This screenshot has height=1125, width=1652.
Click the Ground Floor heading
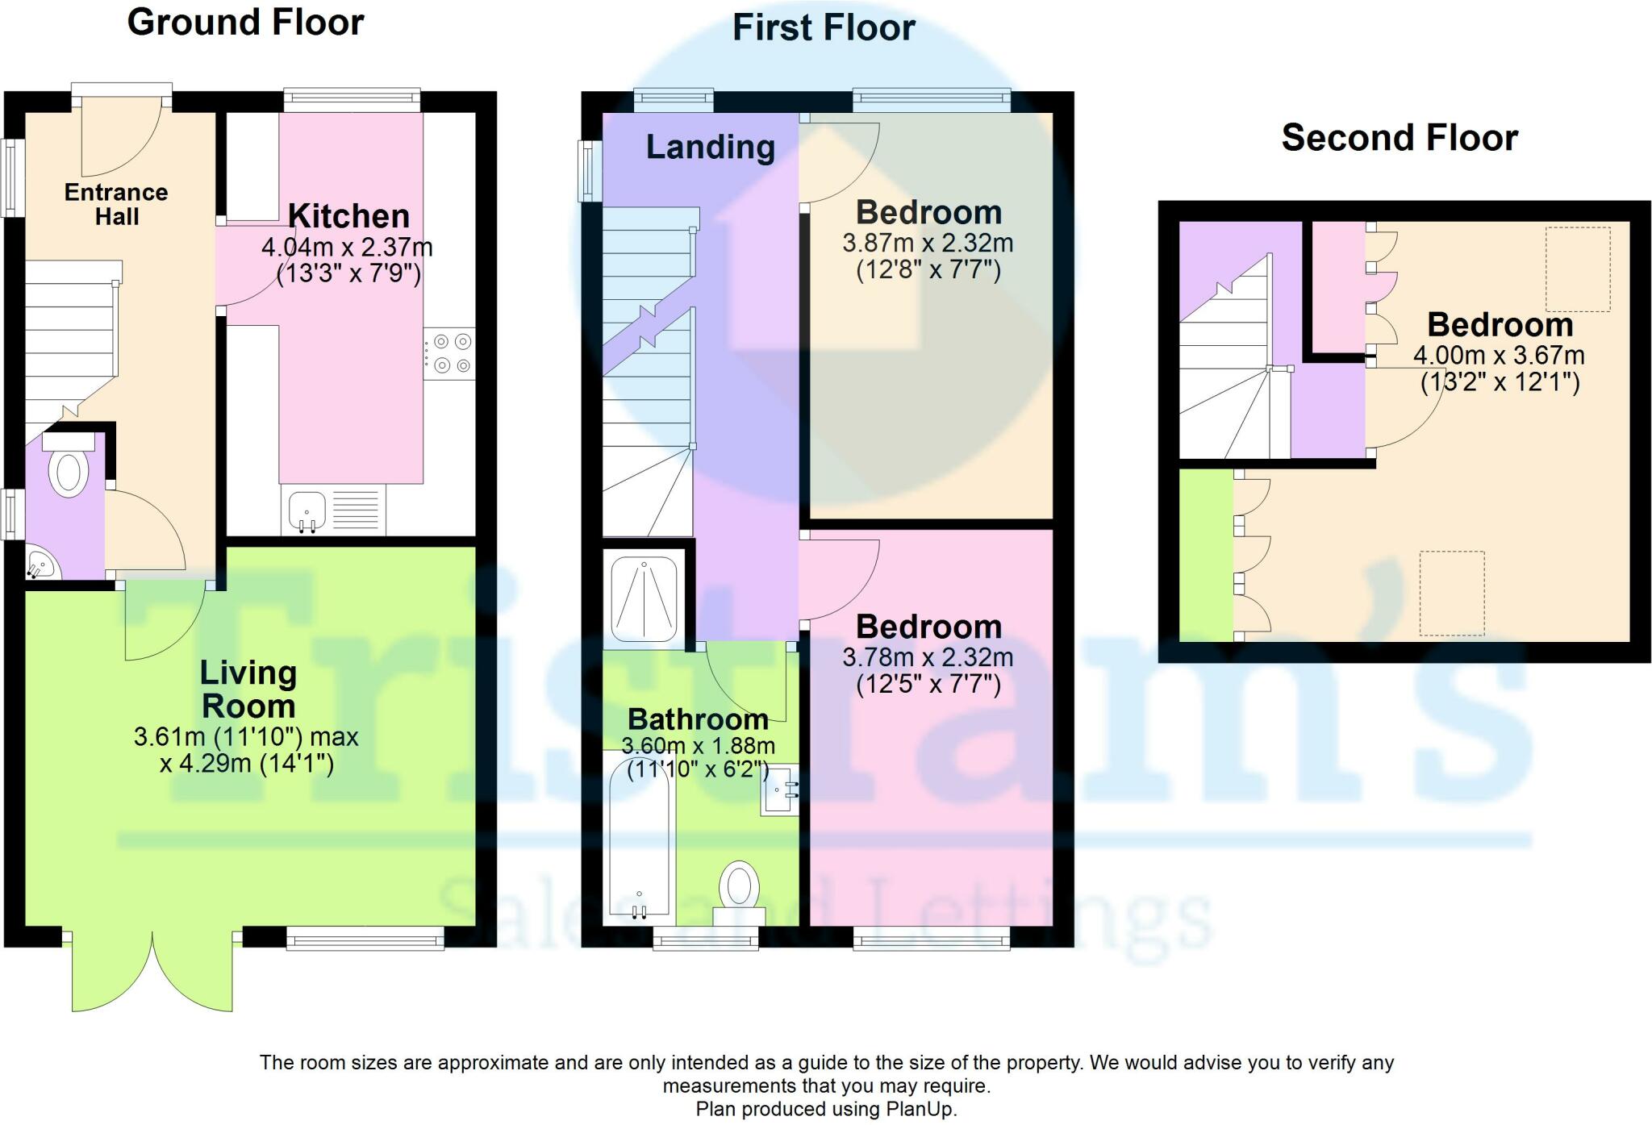245,23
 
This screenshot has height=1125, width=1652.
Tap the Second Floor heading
1399,138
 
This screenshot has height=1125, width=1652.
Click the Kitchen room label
348,216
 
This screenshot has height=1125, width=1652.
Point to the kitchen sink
307,510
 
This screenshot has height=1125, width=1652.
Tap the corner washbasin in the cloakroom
40,564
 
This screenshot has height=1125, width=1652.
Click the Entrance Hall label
116,204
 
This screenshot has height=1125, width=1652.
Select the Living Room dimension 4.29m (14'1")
246,763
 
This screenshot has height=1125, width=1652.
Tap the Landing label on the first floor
710,148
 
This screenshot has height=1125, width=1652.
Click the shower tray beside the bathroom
644,599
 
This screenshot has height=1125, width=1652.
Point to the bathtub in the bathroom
639,839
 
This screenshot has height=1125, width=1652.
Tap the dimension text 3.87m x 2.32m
928,243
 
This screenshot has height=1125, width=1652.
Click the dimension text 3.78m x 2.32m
928,657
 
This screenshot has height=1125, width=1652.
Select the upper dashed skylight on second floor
1577,269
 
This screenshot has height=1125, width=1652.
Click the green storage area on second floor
1206,555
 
